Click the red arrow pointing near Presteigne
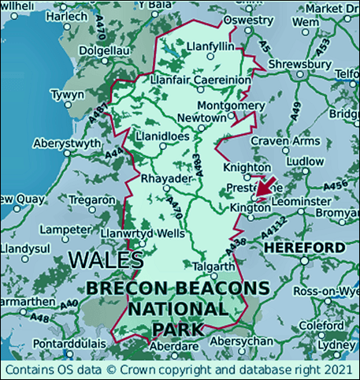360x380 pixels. coord(266,186)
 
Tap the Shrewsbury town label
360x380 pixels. coord(300,64)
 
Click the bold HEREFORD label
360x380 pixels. coord(304,248)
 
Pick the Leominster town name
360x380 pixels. coord(302,202)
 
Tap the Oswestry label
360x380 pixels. coord(250,19)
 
